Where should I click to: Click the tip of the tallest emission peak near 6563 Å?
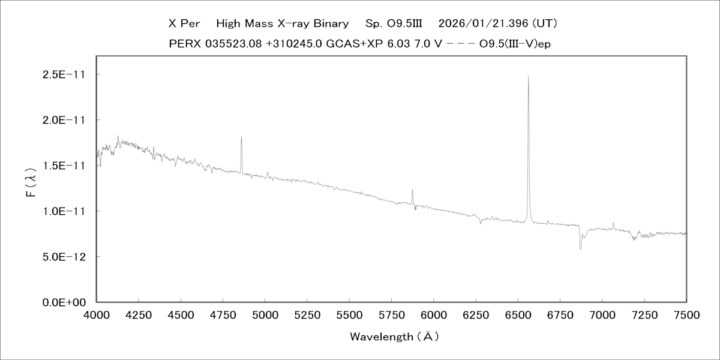tap(528, 77)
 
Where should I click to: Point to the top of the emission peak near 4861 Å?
tap(241, 137)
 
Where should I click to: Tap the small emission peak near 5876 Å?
tap(412, 190)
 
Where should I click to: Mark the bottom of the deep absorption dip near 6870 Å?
tap(580, 248)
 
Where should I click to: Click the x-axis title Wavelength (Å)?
tap(394, 337)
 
